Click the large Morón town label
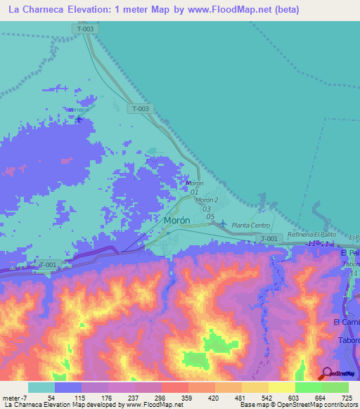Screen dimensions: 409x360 tap(176, 220)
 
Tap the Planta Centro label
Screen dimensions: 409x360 tap(251, 225)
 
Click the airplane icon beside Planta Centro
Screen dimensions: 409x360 tap(223, 224)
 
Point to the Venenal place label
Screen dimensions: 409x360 tap(77, 110)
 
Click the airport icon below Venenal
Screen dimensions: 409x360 tap(78, 119)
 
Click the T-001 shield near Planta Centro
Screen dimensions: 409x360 tap(269, 239)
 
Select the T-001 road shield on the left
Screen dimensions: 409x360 tap(46, 264)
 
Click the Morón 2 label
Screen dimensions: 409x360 tap(207, 200)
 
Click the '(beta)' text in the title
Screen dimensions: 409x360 tap(287, 10)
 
